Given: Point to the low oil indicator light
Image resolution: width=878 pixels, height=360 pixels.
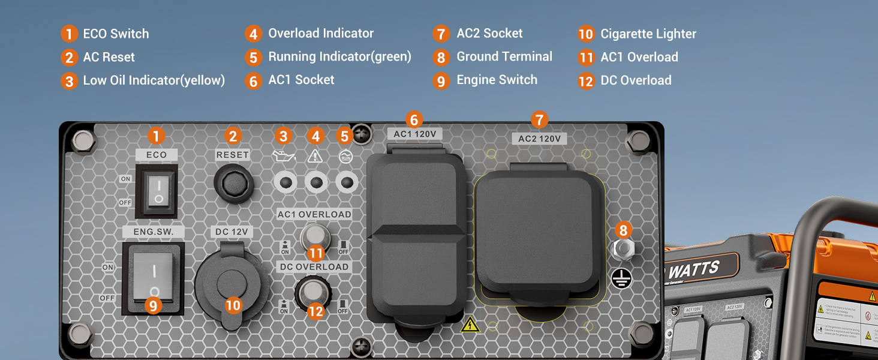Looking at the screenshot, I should pos(285,182).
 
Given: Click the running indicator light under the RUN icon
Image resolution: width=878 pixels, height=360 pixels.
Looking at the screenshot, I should pos(346,182).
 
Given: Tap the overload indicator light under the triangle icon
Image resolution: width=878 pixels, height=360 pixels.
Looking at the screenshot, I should pos(315,182).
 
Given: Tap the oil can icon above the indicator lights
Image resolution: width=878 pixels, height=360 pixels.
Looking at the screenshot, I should pos(282,157).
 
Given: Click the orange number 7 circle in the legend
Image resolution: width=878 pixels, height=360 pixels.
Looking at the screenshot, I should pos(441,34).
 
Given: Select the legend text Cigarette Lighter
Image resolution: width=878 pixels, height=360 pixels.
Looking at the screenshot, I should pos(648,34).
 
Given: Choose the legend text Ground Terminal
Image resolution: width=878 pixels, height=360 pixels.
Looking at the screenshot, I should pos(504,57).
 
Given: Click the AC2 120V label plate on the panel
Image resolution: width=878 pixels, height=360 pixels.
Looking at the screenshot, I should pos(539,139).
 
